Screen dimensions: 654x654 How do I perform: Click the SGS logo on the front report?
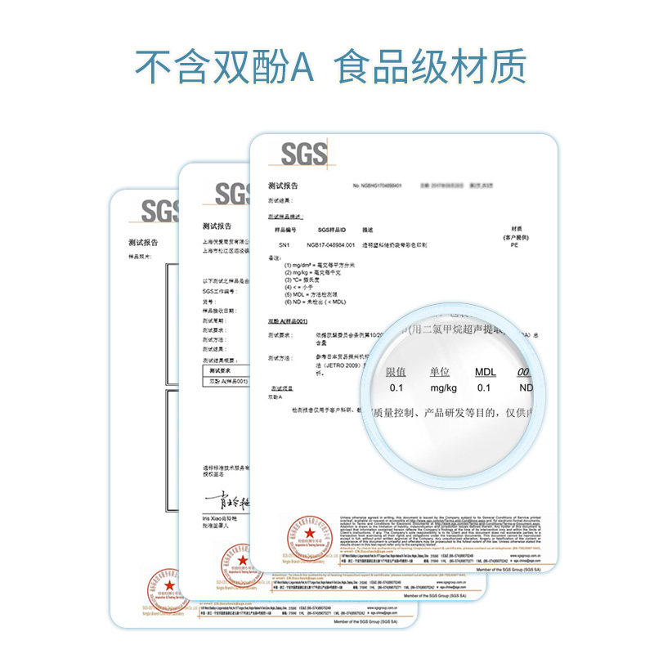[x=304, y=153]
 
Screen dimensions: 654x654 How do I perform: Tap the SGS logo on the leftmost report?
[x=159, y=210]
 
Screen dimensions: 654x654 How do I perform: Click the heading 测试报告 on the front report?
[x=284, y=186]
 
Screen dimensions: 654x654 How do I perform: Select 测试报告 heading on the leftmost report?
[x=143, y=243]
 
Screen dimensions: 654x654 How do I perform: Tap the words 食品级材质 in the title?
[x=432, y=67]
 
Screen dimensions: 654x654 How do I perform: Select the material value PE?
[x=514, y=244]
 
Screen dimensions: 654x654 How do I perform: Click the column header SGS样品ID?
[x=333, y=231]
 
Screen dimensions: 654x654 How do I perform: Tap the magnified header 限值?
[x=396, y=372]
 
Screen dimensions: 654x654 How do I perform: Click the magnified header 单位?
[x=440, y=372]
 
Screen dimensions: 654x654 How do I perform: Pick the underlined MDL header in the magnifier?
[x=485, y=373]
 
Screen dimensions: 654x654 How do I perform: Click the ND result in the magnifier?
[x=526, y=388]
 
